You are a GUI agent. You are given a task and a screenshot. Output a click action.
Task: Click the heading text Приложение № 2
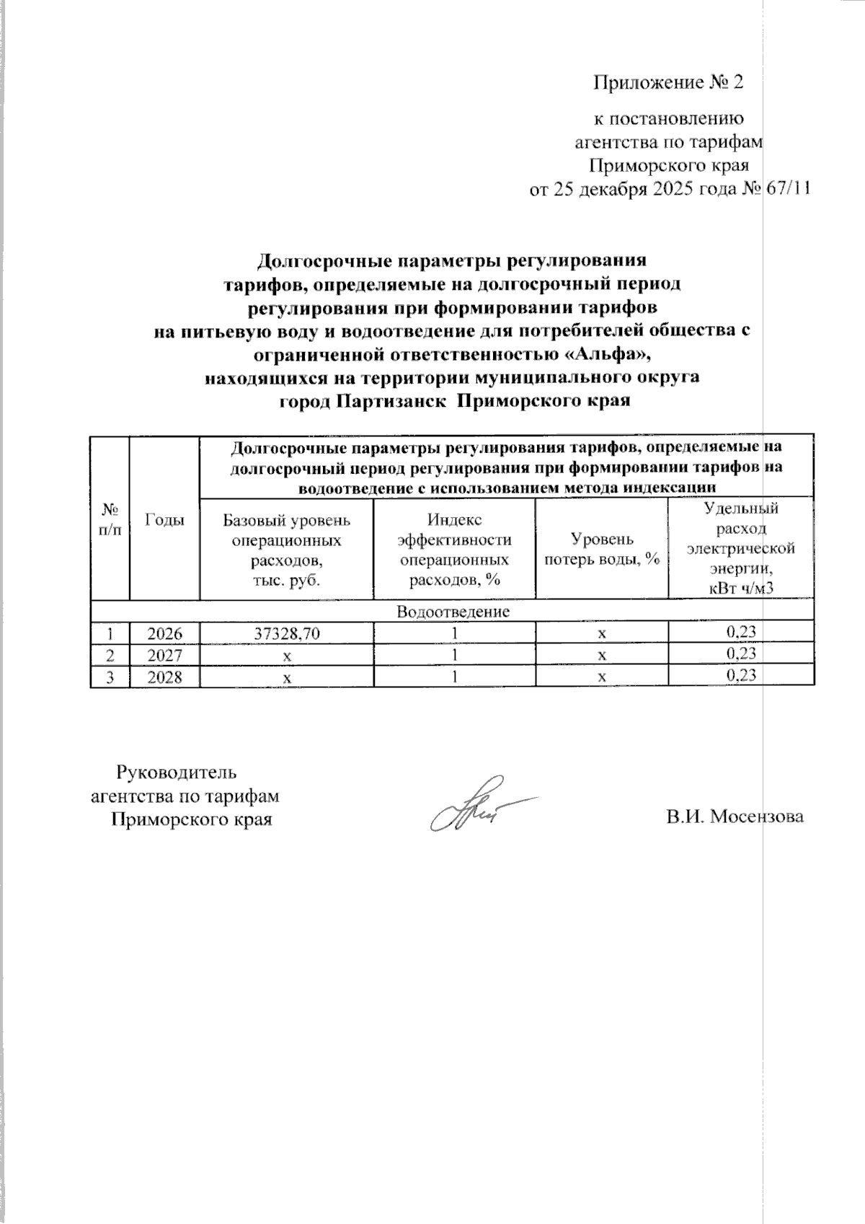point(667,83)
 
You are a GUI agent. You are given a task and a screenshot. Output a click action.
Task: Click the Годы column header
point(164,519)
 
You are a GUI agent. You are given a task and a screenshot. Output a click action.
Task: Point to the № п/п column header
point(110,519)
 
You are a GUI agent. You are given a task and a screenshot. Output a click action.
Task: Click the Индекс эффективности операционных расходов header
point(454,549)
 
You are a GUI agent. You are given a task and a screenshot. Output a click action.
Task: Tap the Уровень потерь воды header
point(602,549)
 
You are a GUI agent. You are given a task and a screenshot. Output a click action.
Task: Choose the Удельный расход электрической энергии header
point(741,549)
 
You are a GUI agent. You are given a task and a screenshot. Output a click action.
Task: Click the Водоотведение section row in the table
point(453,612)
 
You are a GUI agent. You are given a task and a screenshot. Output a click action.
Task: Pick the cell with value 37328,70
point(287,633)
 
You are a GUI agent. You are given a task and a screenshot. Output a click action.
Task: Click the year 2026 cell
point(164,633)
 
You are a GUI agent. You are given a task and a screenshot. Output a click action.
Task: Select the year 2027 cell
point(164,655)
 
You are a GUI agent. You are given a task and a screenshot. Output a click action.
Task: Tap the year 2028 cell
point(164,677)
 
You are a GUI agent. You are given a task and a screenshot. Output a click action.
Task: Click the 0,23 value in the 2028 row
point(741,676)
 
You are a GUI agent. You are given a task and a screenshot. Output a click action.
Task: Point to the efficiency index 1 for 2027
point(454,655)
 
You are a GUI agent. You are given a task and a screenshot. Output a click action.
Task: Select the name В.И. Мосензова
point(735,817)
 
